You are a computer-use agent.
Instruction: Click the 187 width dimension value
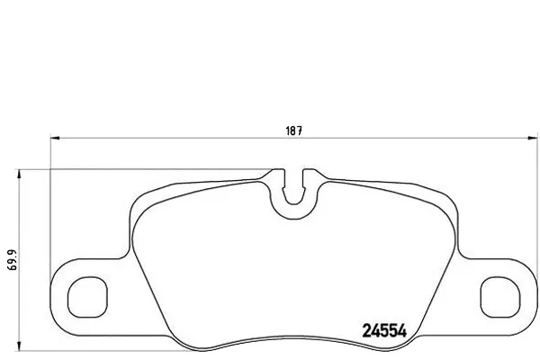pos(293,130)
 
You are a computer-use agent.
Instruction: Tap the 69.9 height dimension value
pos(13,260)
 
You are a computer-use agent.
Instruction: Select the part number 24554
pos(384,331)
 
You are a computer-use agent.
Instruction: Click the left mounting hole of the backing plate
pos(87,297)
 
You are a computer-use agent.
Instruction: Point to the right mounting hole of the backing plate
pos(500,297)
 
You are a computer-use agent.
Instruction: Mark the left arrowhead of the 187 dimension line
pos(55,138)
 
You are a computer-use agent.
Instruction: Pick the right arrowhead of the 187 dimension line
pos(533,138)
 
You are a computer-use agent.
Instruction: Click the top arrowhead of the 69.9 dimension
pos(19,174)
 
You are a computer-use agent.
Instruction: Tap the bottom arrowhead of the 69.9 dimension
pos(19,346)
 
